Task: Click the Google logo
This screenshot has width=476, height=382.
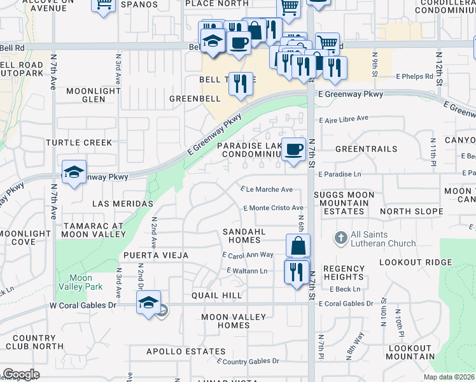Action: coord(20,374)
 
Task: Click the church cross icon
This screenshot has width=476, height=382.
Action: coord(340,237)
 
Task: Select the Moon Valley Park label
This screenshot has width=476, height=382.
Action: coord(81,282)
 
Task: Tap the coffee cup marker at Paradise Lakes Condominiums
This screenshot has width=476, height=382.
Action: coord(293,150)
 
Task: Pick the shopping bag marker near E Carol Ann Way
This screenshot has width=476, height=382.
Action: coord(298,246)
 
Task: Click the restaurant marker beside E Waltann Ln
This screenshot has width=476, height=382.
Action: coord(297,272)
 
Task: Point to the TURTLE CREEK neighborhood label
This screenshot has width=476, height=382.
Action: coord(82,143)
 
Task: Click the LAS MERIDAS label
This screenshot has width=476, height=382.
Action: coord(123,204)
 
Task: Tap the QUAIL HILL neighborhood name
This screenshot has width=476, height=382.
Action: coord(216,296)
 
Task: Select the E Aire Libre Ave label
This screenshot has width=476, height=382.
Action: coord(346,118)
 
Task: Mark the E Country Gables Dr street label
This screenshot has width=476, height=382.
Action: coord(248,361)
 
